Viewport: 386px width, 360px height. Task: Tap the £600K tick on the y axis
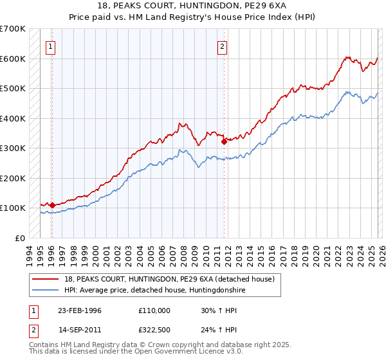(x=12, y=59)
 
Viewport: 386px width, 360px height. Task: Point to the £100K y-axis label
(x=12, y=208)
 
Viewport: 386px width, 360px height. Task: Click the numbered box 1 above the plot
(x=50, y=46)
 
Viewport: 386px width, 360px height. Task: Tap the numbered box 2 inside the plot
(x=222, y=46)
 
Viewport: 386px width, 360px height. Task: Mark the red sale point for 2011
(x=223, y=141)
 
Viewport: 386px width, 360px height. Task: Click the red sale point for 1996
(x=52, y=205)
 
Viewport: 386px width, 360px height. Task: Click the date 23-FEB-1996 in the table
(x=80, y=310)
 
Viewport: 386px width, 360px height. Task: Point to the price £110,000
(x=154, y=310)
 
